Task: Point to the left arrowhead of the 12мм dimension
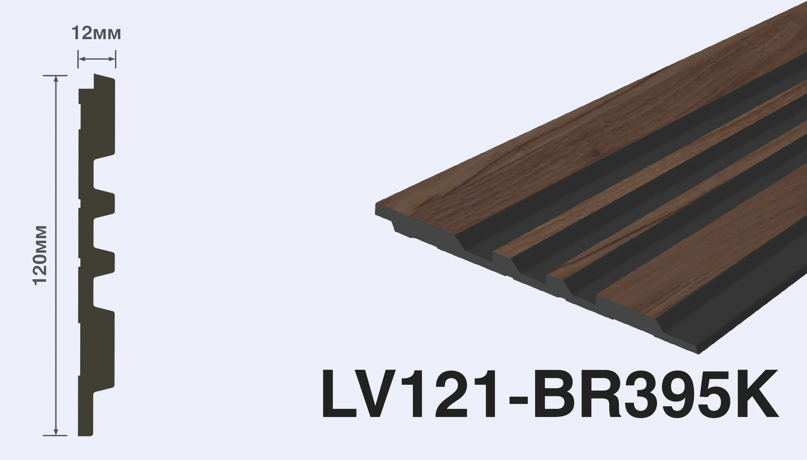(x=81, y=59)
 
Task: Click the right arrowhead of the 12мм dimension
(x=112, y=59)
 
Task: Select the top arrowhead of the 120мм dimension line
(x=56, y=79)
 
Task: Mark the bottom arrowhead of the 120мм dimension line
(x=56, y=432)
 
